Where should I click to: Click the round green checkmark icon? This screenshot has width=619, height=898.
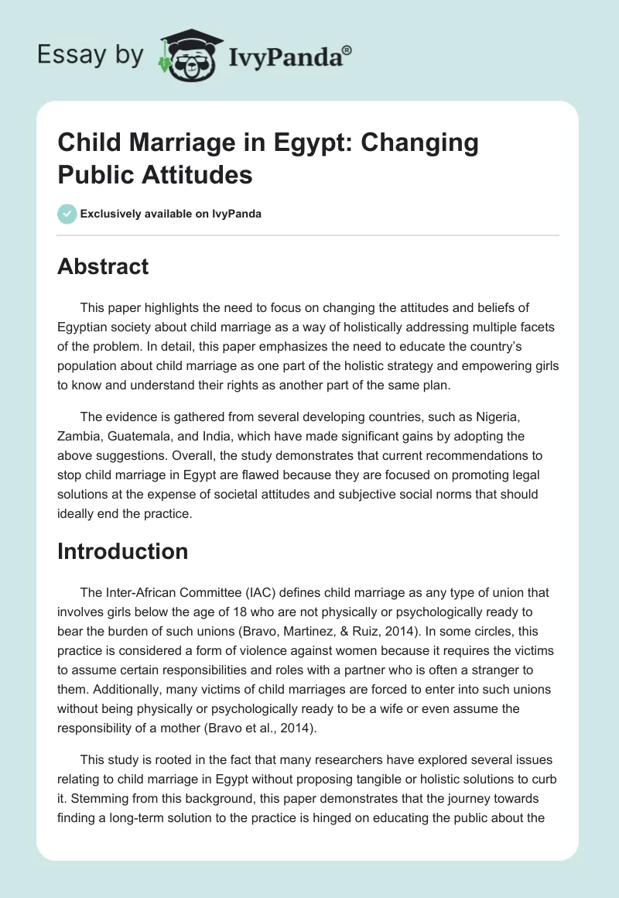67,214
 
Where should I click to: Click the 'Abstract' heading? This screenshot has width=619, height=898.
103,267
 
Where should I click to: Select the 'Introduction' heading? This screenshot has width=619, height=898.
123,551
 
